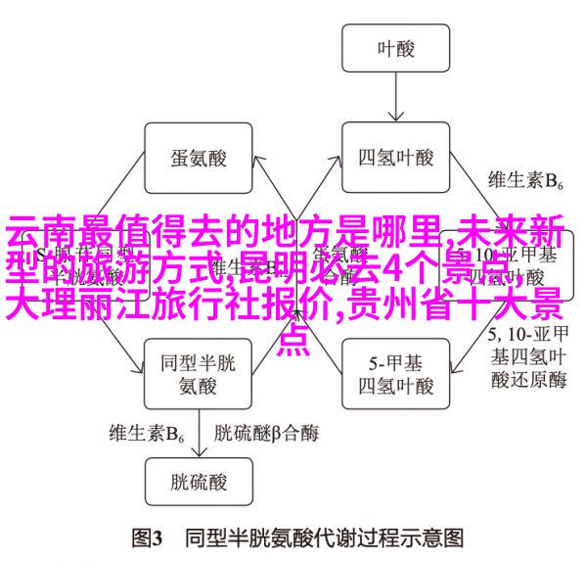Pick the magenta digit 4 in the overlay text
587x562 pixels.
pyautogui.click(x=390, y=267)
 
